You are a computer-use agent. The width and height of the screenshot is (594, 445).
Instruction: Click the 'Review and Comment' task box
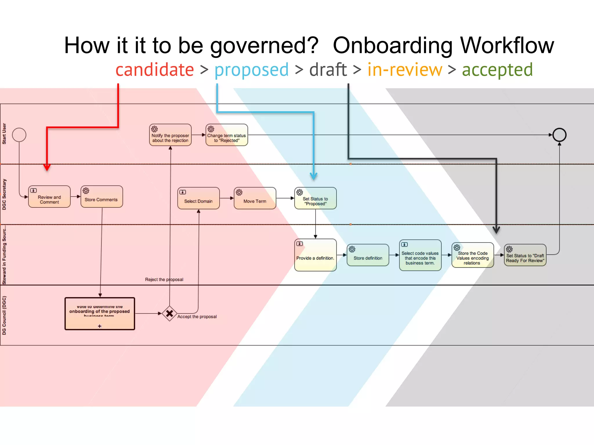tap(49, 197)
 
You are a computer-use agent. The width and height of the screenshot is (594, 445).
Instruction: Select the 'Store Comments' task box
tap(102, 197)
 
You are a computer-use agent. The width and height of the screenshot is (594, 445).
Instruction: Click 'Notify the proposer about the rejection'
tap(170, 135)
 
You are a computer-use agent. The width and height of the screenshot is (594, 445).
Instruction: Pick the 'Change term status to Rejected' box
tap(227, 135)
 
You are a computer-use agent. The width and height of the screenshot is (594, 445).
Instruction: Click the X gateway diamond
tap(170, 313)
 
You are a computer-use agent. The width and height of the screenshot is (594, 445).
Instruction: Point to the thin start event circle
tap(19, 135)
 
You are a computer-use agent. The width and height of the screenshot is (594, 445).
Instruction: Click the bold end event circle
tap(559, 135)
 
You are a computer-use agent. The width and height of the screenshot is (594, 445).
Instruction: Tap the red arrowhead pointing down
tap(47, 167)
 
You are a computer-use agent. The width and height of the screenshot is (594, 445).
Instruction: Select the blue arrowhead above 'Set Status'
tap(314, 176)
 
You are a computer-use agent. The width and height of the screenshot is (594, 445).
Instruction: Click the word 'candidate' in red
tap(155, 70)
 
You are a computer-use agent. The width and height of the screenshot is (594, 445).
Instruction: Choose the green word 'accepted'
tap(497, 70)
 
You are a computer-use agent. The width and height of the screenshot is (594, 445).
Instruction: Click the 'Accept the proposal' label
tap(197, 317)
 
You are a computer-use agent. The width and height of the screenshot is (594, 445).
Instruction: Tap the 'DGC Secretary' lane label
tap(4, 194)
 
